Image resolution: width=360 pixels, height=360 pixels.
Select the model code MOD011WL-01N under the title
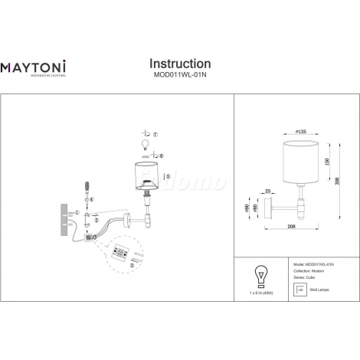tap(179, 76)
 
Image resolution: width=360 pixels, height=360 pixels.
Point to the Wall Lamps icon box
tap(300, 290)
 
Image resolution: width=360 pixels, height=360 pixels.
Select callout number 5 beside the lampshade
tap(167, 175)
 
